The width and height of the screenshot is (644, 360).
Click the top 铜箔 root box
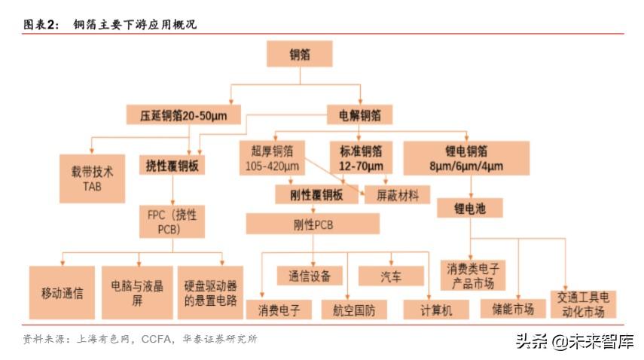tap(301, 54)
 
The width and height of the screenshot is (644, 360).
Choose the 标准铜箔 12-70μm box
tap(361, 158)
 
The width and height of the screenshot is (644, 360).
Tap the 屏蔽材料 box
tap(397, 195)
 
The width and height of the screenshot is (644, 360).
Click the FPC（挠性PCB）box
tap(172, 221)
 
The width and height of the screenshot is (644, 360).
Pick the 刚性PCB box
tap(313, 224)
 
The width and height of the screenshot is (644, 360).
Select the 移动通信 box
tap(63, 292)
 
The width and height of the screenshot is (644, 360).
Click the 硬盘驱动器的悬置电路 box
tap(210, 292)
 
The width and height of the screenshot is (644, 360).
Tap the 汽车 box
tap(391, 276)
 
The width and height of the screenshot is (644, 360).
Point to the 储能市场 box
tap(512, 309)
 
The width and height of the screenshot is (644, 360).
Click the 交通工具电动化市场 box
tap(583, 304)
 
